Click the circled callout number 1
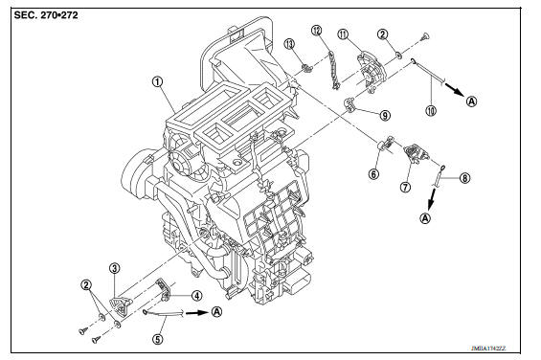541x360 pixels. (155, 81)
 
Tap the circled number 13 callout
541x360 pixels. (288, 42)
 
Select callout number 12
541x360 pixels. (317, 31)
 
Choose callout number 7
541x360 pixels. (405, 188)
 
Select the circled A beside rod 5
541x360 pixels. (217, 311)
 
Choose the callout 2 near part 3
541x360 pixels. (86, 284)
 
